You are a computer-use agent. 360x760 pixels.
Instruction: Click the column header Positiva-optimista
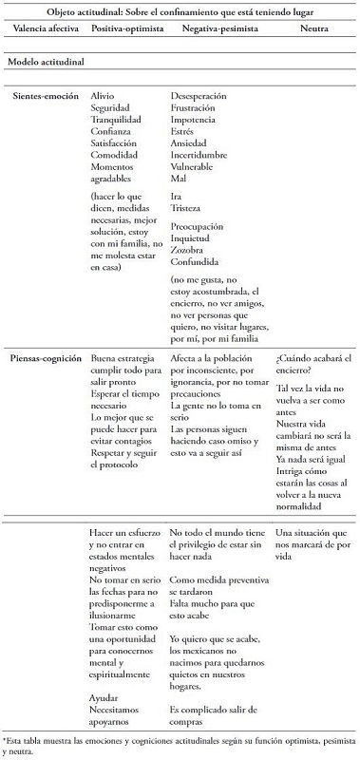click(123, 30)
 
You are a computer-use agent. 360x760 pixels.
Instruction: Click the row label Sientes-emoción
click(45, 97)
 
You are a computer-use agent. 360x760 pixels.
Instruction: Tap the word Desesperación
click(201, 97)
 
